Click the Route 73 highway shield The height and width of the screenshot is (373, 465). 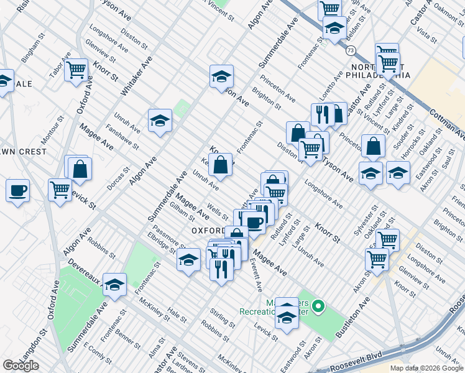(x=351, y=50)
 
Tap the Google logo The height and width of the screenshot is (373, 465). (x=21, y=366)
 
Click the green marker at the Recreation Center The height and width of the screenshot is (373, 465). (x=318, y=305)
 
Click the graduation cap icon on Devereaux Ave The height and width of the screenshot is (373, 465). (x=114, y=284)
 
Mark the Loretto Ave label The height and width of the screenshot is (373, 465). (x=336, y=85)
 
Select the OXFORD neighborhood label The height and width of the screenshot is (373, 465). (x=207, y=230)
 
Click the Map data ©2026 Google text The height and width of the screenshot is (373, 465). (x=426, y=367)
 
